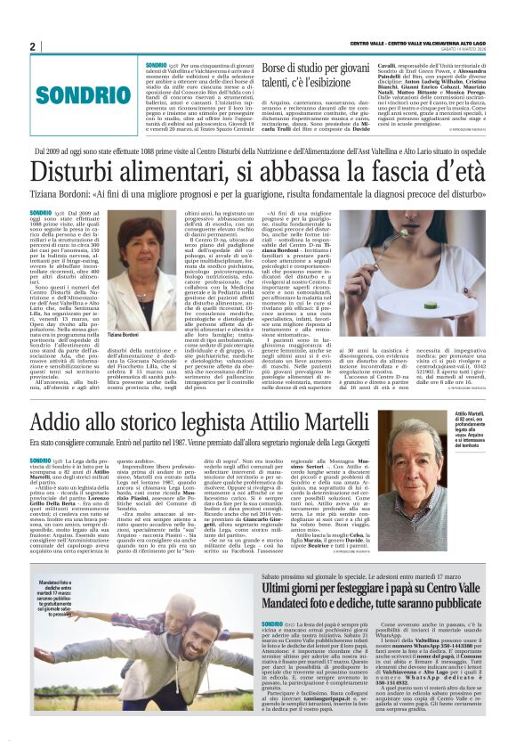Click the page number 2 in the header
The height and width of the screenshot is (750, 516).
pos(32,46)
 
